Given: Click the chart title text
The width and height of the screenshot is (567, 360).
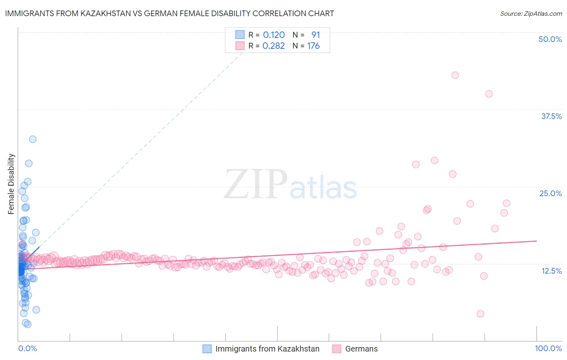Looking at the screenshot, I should [169, 13].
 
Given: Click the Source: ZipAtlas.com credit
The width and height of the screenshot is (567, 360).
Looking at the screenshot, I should [531, 13].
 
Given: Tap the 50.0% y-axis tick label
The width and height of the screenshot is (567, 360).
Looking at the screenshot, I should [550, 39].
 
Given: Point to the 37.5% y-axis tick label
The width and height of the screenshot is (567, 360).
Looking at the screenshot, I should [551, 116].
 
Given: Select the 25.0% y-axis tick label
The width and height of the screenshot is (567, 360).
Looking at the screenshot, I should [550, 193].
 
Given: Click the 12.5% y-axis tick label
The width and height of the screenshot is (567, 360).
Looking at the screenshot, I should [551, 271].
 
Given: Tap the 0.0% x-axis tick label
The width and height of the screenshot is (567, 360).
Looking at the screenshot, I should [27, 348].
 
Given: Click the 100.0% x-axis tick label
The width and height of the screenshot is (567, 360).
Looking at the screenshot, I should [548, 348].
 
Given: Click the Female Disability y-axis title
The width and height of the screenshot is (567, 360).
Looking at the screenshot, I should [11, 184].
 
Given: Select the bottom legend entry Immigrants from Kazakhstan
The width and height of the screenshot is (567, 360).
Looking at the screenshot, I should [267, 349].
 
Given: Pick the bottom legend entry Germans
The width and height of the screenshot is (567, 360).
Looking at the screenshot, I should [361, 349].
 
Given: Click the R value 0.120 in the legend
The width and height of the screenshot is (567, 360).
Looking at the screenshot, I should [274, 35].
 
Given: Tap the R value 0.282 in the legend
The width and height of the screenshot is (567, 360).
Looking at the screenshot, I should [274, 46].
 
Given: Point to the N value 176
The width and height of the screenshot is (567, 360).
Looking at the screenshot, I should [313, 46].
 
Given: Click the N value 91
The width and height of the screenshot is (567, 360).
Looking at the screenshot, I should [315, 35].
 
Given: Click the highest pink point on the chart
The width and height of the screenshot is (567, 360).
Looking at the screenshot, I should [455, 75].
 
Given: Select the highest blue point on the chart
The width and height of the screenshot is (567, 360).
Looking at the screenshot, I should [33, 139].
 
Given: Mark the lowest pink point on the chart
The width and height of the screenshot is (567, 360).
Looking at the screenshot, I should [480, 314].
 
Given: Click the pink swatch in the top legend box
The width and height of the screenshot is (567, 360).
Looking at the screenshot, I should [240, 46].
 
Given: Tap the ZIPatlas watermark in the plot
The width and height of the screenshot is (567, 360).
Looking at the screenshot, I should [290, 184].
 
